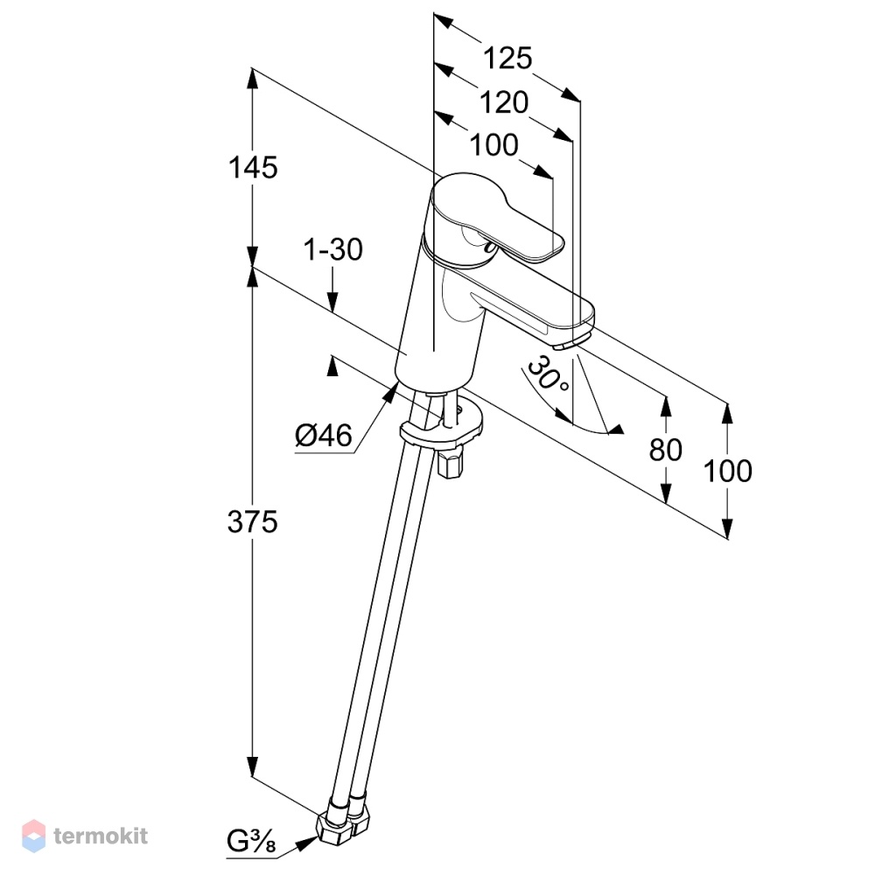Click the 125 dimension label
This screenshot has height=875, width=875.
click(507, 58)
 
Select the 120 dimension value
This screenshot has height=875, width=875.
click(504, 102)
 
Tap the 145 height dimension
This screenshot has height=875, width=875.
click(253, 167)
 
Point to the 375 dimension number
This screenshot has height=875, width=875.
click(252, 522)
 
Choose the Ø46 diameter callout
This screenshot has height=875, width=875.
click(325, 435)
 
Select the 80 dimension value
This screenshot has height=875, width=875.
click(665, 450)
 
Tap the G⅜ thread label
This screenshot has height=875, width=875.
click(252, 841)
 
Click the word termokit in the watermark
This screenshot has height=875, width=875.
click(101, 836)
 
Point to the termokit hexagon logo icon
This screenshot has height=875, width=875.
click(33, 836)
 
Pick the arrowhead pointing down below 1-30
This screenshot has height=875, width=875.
click(332, 301)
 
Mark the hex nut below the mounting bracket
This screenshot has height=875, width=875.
click(451, 461)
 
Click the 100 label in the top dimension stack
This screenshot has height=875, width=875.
click(494, 145)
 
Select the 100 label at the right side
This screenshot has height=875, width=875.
click(728, 471)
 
